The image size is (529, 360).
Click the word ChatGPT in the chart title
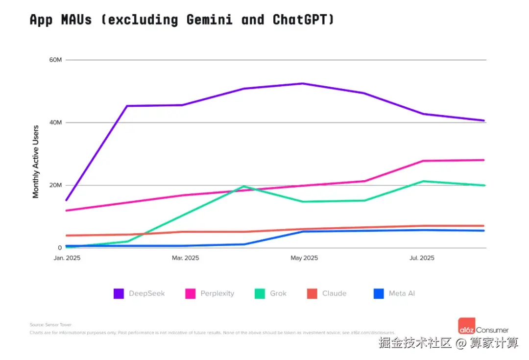(x=304, y=20)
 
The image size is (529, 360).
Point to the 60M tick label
(x=55, y=60)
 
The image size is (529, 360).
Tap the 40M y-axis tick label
(x=55, y=122)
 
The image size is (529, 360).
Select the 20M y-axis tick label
(x=55, y=185)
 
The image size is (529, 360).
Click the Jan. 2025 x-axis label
(x=67, y=258)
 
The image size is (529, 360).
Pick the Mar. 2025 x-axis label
(x=185, y=258)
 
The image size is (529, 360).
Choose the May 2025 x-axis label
(x=304, y=258)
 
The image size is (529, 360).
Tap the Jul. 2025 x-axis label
(x=421, y=258)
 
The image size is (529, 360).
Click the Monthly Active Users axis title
(x=36, y=162)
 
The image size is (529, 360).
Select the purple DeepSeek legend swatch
(x=119, y=293)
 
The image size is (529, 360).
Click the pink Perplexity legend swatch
(x=191, y=293)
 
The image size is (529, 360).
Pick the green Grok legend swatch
(x=260, y=293)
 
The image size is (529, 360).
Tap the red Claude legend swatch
(x=312, y=293)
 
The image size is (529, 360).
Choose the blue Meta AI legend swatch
(x=379, y=293)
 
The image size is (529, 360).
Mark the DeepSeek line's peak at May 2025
(x=303, y=83)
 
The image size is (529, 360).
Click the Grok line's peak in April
(x=243, y=186)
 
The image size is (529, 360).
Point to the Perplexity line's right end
(x=484, y=160)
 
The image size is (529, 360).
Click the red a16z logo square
(x=466, y=326)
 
